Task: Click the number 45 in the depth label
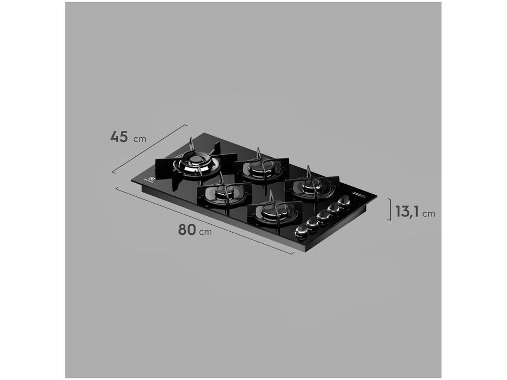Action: [119, 136]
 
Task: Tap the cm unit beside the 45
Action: [139, 139]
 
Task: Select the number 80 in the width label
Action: [186, 230]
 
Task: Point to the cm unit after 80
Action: [205, 232]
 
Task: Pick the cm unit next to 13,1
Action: [428, 213]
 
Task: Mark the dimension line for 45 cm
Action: [150, 149]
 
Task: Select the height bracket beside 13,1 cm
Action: [390, 209]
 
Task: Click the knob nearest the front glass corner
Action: [302, 231]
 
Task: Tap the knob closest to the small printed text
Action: [344, 201]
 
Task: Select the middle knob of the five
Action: [323, 215]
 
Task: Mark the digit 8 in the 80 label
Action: [182, 230]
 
